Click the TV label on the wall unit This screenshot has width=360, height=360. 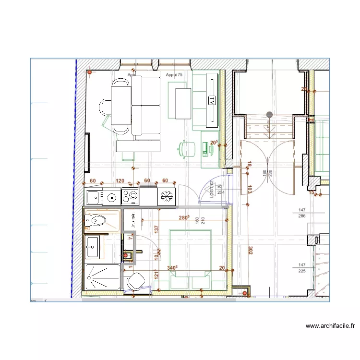point(212,100)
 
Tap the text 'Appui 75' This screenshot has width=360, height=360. point(174,75)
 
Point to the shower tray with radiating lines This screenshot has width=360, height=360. point(101,277)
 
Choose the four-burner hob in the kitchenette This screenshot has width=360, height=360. point(131,196)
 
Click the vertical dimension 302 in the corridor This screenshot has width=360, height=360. point(250,250)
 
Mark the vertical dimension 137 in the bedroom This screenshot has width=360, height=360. point(156,229)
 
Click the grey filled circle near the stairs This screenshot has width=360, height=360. point(269,115)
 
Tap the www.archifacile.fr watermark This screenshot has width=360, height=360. point(330,326)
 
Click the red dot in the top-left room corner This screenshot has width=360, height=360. point(89,72)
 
